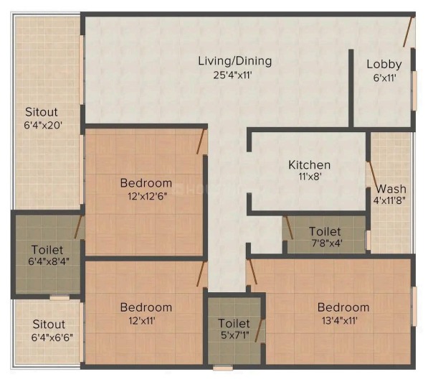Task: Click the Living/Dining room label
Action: click(x=234, y=61)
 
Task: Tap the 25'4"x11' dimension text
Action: click(x=232, y=75)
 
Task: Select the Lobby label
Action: click(x=384, y=65)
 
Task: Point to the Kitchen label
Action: click(x=309, y=165)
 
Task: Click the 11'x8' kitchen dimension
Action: click(x=309, y=177)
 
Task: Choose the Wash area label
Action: click(x=391, y=189)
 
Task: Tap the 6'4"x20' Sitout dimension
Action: click(x=44, y=125)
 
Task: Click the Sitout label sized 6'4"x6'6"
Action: click(x=49, y=325)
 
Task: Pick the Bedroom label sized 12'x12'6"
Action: click(x=146, y=183)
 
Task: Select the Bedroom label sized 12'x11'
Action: click(x=146, y=307)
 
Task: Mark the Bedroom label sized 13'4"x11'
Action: click(x=343, y=307)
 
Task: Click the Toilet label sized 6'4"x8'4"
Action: click(x=47, y=250)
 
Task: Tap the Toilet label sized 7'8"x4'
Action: click(x=325, y=232)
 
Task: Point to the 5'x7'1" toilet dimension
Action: click(x=235, y=335)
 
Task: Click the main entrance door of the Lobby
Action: click(x=408, y=32)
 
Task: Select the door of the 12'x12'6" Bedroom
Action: click(x=201, y=141)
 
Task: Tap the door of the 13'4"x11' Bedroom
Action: click(x=253, y=272)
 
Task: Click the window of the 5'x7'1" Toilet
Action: click(x=223, y=368)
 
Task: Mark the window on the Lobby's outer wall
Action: click(x=414, y=91)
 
